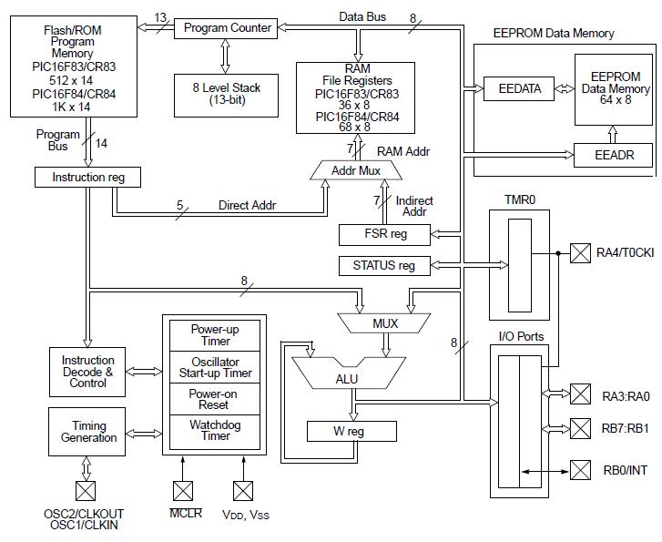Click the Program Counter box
click(228, 28)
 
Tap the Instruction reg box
click(87, 177)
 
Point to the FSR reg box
click(385, 234)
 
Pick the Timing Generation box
click(88, 432)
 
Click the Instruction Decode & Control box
click(88, 372)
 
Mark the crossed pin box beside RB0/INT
click(581, 471)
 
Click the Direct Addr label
click(247, 205)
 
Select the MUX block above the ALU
click(386, 323)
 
